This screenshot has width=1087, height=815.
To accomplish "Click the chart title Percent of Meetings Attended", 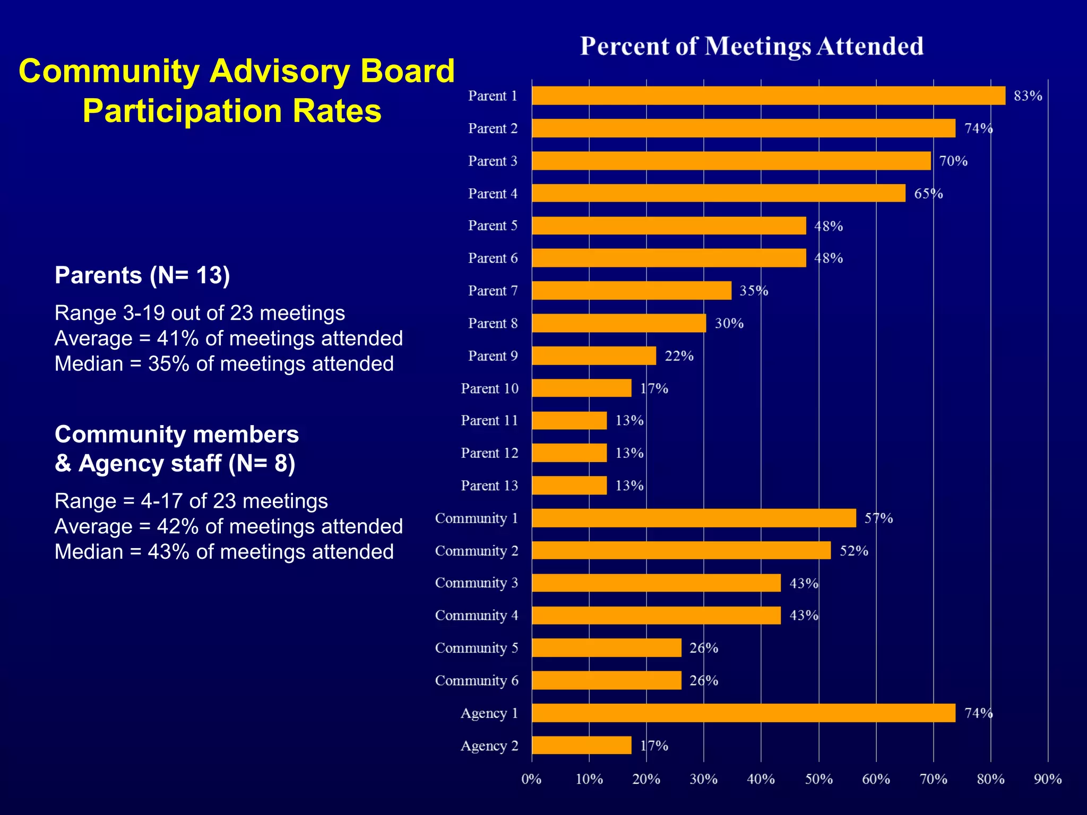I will pyautogui.click(x=752, y=46).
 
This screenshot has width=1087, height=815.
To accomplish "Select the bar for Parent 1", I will pyautogui.click(x=768, y=96).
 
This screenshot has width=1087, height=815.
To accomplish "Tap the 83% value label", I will pyautogui.click(x=1028, y=96).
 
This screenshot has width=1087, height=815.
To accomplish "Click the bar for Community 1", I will pyautogui.click(x=694, y=518).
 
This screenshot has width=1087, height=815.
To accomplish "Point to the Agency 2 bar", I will pyautogui.click(x=581, y=745).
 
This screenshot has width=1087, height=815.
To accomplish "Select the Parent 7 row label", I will pyautogui.click(x=493, y=291).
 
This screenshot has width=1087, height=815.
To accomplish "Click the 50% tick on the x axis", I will pyautogui.click(x=818, y=779).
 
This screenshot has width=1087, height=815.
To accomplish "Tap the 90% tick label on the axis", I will pyautogui.click(x=1047, y=779).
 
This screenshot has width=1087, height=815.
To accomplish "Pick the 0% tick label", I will pyautogui.click(x=531, y=779).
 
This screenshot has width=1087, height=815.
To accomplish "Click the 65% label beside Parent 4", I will pyautogui.click(x=928, y=194).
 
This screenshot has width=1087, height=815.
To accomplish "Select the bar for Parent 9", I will pyautogui.click(x=593, y=356).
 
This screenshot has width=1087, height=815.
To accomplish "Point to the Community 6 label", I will pyautogui.click(x=476, y=680).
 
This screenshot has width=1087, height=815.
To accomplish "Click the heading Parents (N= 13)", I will pyautogui.click(x=142, y=275).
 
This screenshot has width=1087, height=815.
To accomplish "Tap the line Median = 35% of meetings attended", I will pyautogui.click(x=224, y=364).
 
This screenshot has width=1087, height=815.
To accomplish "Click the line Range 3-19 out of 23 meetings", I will pyautogui.click(x=200, y=313).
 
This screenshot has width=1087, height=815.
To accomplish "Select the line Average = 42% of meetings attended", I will pyautogui.click(x=229, y=526).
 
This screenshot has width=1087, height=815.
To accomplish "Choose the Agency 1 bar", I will pyautogui.click(x=743, y=713).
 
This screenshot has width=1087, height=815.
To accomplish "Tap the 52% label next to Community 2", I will pyautogui.click(x=853, y=551).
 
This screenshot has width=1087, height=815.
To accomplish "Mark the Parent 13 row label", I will pyautogui.click(x=489, y=485).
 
